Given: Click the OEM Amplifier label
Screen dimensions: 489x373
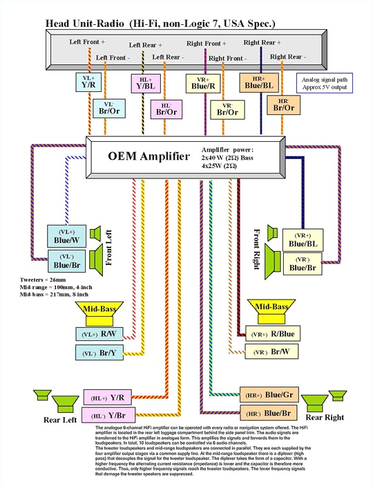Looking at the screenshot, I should point(139,156).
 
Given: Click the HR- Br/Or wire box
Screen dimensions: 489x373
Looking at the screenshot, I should point(284,105).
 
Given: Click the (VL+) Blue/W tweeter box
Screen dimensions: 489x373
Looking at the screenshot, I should point(66,235).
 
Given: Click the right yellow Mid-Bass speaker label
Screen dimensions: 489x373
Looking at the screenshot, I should point(272,306).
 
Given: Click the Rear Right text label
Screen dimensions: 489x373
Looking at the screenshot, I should point(325,417).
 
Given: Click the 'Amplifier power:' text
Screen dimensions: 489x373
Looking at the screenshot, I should point(227,149).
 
